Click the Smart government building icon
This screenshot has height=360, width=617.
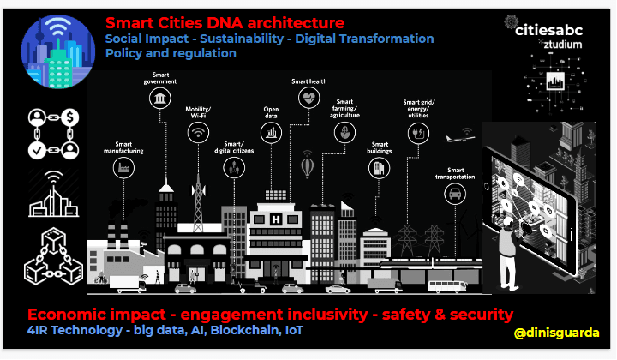tap(159, 98)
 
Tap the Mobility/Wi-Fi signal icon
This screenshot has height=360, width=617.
tap(198, 132)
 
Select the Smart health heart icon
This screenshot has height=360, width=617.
tap(308, 98)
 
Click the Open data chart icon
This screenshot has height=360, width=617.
tap(271, 133)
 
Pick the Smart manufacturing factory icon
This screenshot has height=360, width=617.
tap(123, 168)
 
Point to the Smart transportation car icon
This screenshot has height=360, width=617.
tap(455, 194)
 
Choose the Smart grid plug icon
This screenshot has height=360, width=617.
tap(418, 133)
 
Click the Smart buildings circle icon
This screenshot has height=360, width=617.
tap(379, 168)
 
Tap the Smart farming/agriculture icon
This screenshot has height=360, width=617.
tap(344, 133)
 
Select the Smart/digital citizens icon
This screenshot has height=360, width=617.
tap(234, 168)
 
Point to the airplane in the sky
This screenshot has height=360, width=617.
tap(459, 138)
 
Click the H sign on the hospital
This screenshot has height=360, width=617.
tap(276, 219)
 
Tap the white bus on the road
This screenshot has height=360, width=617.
tap(446, 286)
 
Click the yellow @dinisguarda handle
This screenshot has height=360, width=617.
tap(556, 333)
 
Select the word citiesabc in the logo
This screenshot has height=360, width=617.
tap(548, 30)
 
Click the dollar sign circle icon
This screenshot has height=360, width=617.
tap(69, 117)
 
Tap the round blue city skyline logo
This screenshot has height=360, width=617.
tap(58, 51)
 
